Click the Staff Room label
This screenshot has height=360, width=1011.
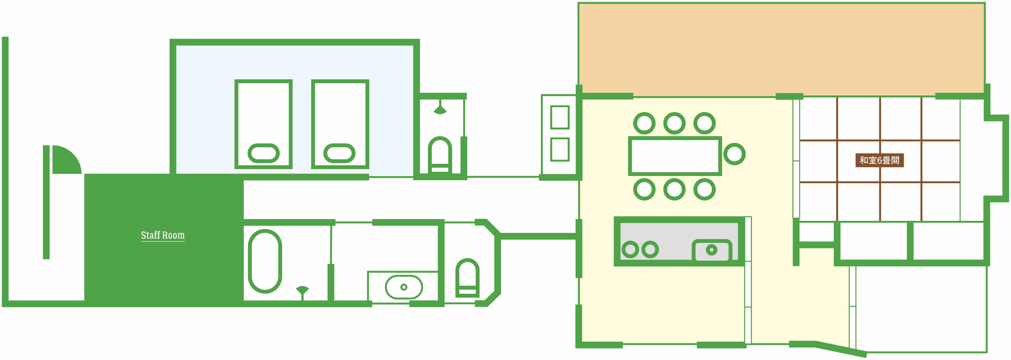pos(163,235)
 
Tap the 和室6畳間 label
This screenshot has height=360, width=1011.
pos(879,160)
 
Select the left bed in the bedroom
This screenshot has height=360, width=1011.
pos(263,124)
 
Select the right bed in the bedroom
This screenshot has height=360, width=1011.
pos(340,124)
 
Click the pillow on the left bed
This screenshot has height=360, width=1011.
pos(263,153)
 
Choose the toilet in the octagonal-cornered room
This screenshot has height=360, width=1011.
pos(467,277)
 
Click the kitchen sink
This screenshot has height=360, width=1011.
pos(712,250)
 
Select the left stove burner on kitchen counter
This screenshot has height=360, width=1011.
pos(630,249)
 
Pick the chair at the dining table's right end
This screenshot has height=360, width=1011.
pos(734,154)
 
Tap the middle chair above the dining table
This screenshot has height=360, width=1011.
pos(674,123)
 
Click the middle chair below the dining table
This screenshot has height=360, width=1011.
pos(674,189)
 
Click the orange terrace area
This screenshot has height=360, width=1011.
pos(781,49)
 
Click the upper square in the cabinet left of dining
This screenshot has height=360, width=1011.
pos(560,117)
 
